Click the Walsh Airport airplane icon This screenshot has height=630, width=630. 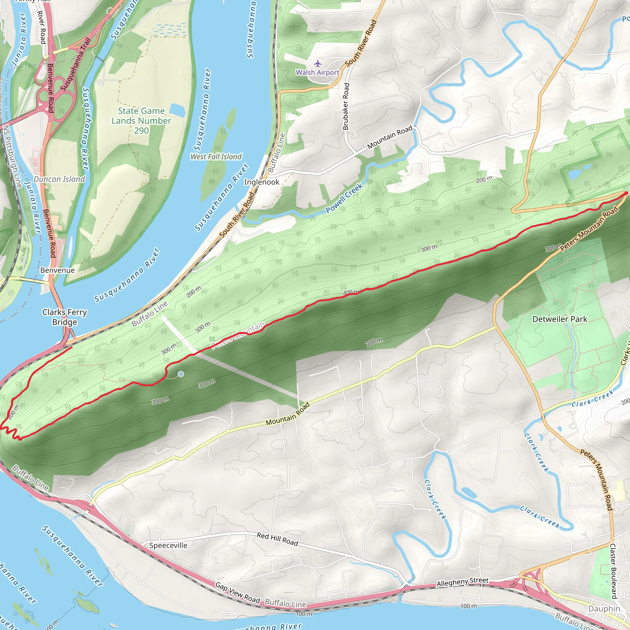click(317, 63)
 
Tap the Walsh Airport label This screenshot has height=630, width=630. click(317, 72)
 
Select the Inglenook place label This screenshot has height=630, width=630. click(261, 182)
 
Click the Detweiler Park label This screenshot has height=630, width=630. click(560, 319)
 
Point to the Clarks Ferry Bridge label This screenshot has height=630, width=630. click(65, 317)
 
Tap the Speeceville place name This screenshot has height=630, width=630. click(168, 545)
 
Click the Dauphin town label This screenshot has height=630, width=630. click(604, 609)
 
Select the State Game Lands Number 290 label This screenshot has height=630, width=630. click(141, 121)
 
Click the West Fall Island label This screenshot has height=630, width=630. click(216, 157)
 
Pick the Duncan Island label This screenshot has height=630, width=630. click(59, 179)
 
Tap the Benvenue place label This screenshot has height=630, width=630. click(58, 270)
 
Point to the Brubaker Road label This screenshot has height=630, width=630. click(346, 106)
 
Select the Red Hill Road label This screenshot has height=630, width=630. click(277, 539)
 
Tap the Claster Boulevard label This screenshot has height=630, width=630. click(613, 571)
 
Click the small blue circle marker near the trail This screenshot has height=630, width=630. click(181, 374)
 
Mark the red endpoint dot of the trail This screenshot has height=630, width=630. click(625, 194)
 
